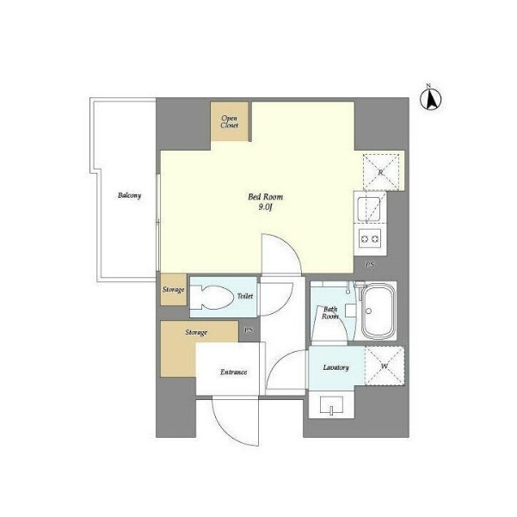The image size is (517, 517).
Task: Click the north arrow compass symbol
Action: coord(431,98)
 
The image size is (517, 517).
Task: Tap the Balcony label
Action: coord(130,195)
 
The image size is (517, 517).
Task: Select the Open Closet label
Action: coord(230,121)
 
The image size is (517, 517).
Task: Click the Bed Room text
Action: coord(266,197)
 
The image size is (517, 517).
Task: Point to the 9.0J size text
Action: coord(265,207)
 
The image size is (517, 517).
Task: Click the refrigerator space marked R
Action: coord(381,172)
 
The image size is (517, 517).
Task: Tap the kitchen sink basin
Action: coord(369,209)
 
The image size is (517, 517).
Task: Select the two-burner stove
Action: coord(370,239)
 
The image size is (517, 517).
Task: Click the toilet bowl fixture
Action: coord(211,297)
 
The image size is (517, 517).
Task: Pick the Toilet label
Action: coord(245,296)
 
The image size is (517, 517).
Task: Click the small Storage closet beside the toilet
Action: coord(174,290)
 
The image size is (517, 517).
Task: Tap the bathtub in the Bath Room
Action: coord(379,311)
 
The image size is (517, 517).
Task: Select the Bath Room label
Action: coord(330,313)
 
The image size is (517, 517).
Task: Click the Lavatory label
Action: coord(336,367)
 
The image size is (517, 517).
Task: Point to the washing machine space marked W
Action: coord(385,366)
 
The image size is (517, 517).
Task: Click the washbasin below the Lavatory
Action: coord(332,405)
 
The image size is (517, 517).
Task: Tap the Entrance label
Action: coord(233,372)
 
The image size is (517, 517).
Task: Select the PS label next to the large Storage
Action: coord(249,330)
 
